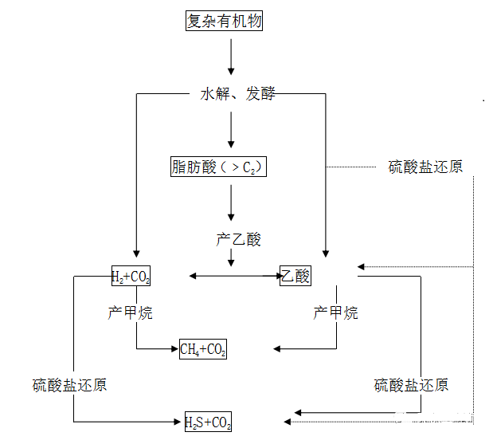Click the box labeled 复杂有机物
click(224, 22)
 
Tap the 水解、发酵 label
click(237, 94)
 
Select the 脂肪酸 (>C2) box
click(217, 167)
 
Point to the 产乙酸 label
click(238, 239)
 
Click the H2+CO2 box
click(131, 277)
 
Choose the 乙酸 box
click(295, 276)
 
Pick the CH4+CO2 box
click(203, 348)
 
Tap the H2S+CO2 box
click(208, 421)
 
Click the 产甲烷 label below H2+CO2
click(130, 313)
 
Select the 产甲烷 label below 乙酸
click(335, 313)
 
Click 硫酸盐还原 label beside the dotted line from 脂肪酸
click(425, 167)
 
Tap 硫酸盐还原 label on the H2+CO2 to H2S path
click(69, 385)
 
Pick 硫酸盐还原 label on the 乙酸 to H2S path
click(411, 385)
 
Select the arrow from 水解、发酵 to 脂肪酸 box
click(231, 129)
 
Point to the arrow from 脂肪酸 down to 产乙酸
click(231, 203)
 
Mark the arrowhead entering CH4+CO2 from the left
click(174, 348)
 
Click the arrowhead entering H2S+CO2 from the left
click(178, 421)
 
